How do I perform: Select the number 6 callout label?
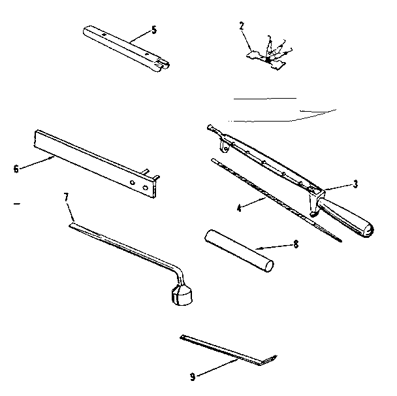[x=16, y=169]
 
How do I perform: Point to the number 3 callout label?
[x=355, y=184]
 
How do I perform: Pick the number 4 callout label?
[x=240, y=208]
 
